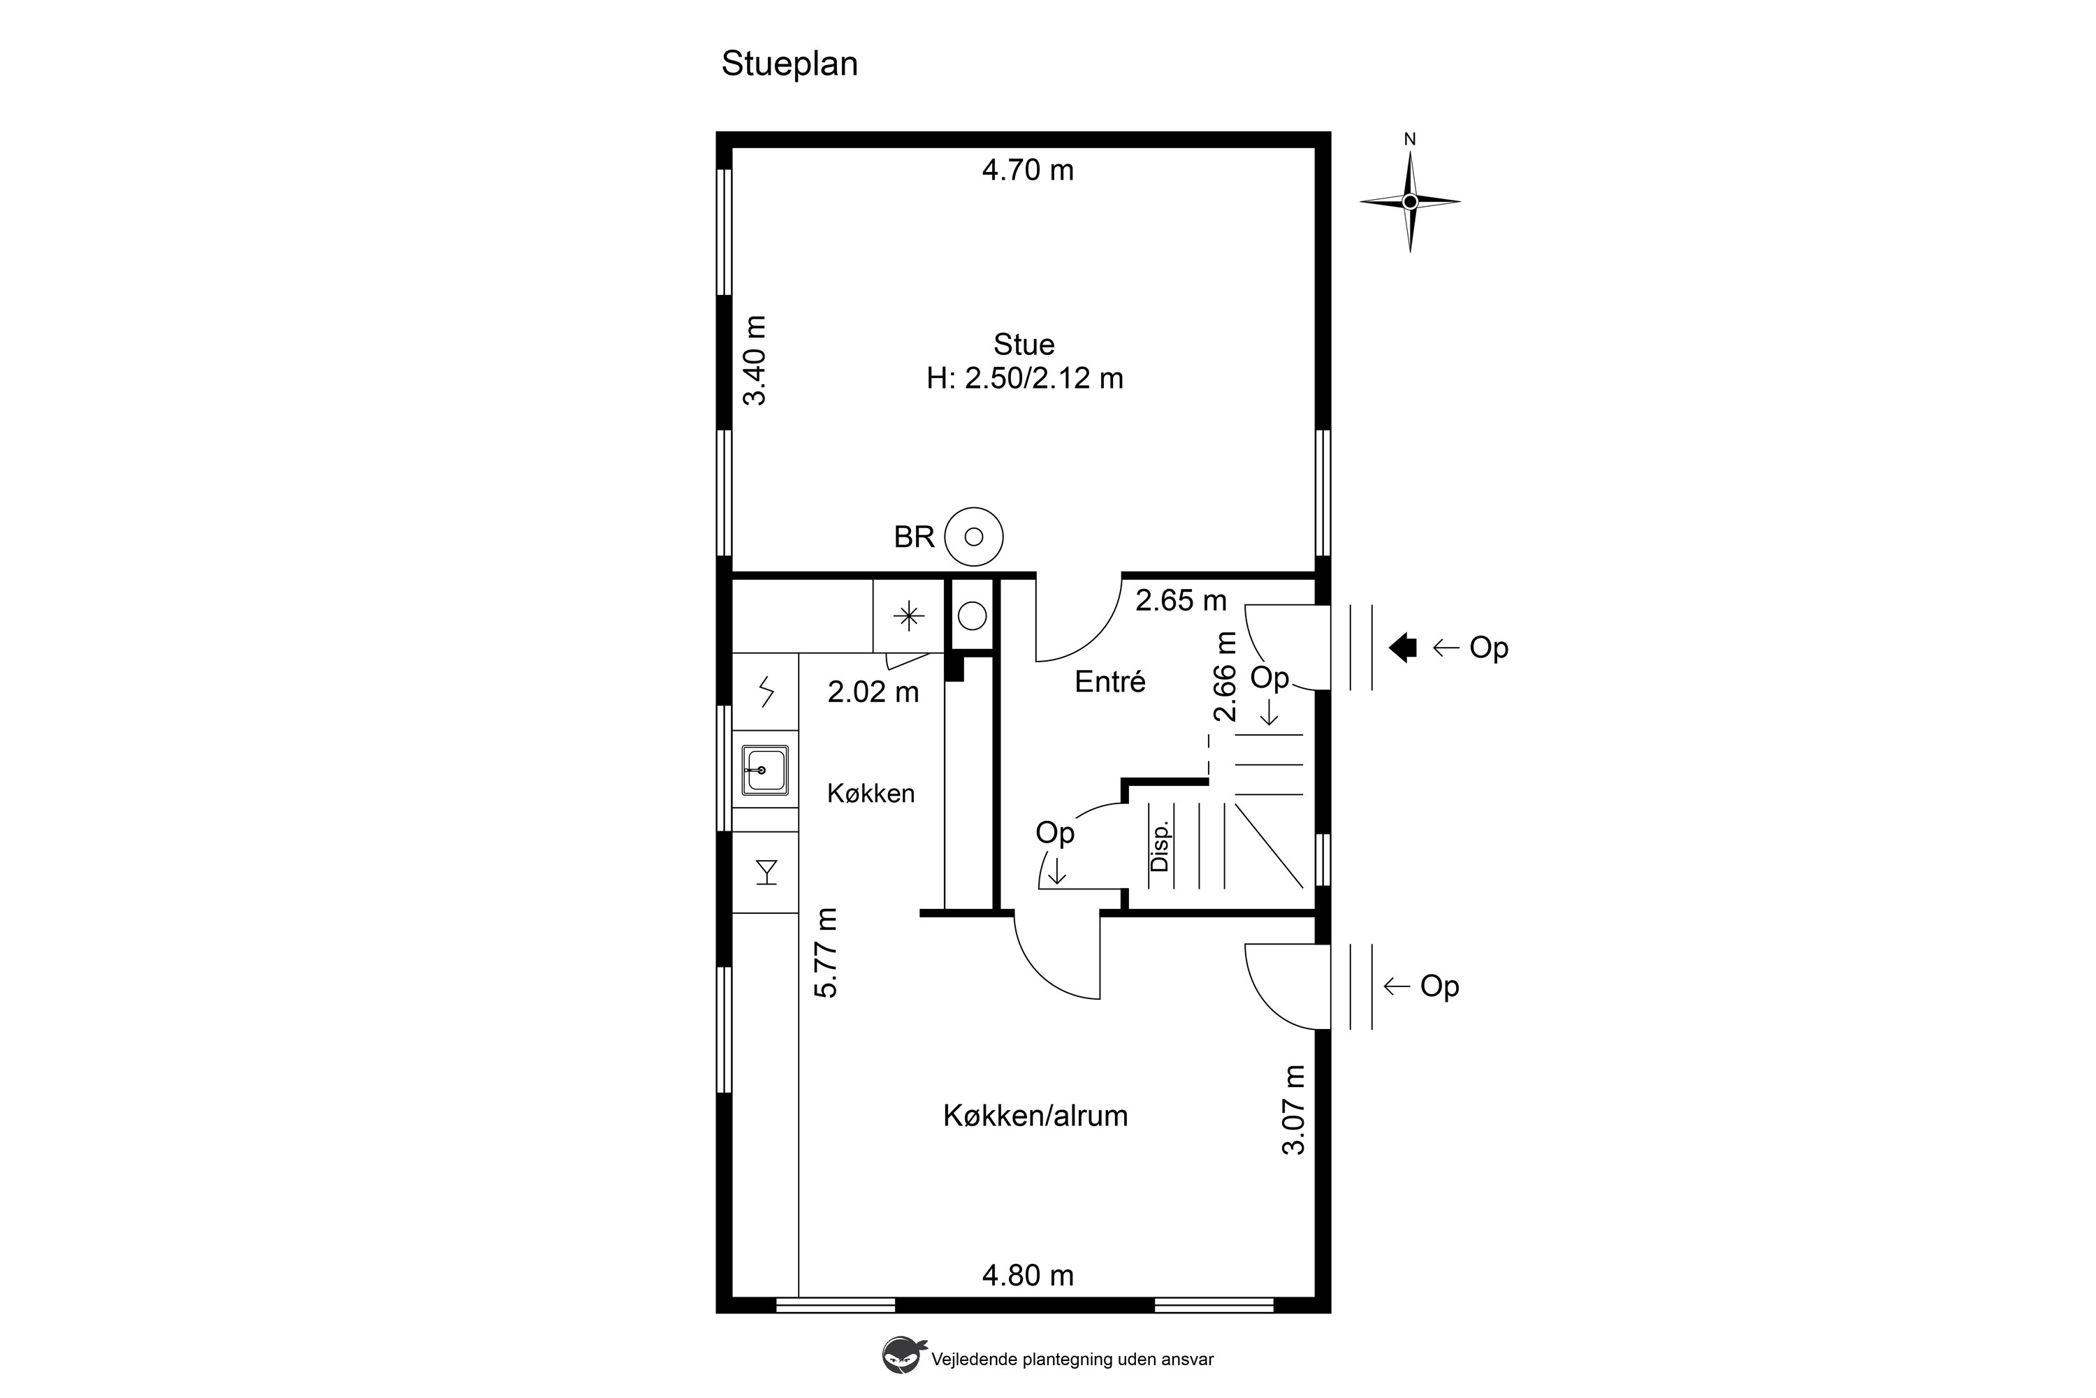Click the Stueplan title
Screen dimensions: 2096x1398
[x=789, y=64]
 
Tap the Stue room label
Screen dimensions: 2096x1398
[x=1024, y=344]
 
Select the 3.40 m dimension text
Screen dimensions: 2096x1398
[x=755, y=361]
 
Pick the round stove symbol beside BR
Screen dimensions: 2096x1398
[x=973, y=537]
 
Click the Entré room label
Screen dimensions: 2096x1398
[x=1110, y=681]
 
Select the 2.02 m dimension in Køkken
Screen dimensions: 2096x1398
[x=873, y=692]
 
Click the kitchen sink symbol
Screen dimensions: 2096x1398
[x=765, y=769]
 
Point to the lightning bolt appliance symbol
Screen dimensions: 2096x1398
[x=766, y=691]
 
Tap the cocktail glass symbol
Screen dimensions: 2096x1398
[x=766, y=872]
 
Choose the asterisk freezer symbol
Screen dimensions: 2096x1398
[x=908, y=616]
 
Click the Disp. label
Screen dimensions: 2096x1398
[x=1159, y=846]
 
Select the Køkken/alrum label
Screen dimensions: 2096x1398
[x=1035, y=1115]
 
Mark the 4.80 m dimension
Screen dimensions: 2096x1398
[x=1028, y=1275]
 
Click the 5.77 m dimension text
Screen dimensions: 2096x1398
[x=827, y=952]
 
